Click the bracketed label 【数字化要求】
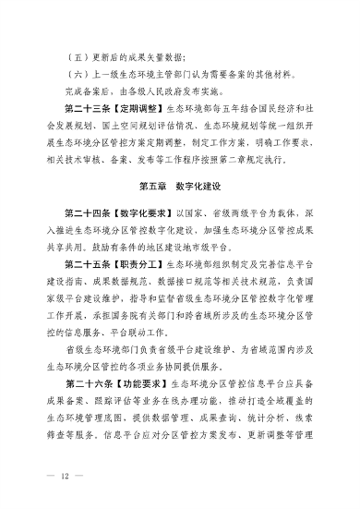(139, 213)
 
